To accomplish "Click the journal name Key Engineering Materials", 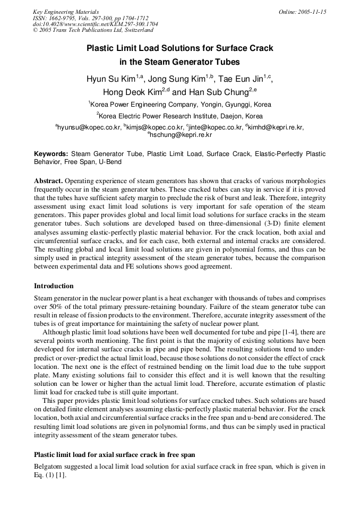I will click(65, 12).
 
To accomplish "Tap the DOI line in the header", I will click(95, 24).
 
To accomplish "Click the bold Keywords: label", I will click(51, 154).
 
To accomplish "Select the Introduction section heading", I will click(54, 286).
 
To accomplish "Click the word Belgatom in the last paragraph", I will click(48, 466).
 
